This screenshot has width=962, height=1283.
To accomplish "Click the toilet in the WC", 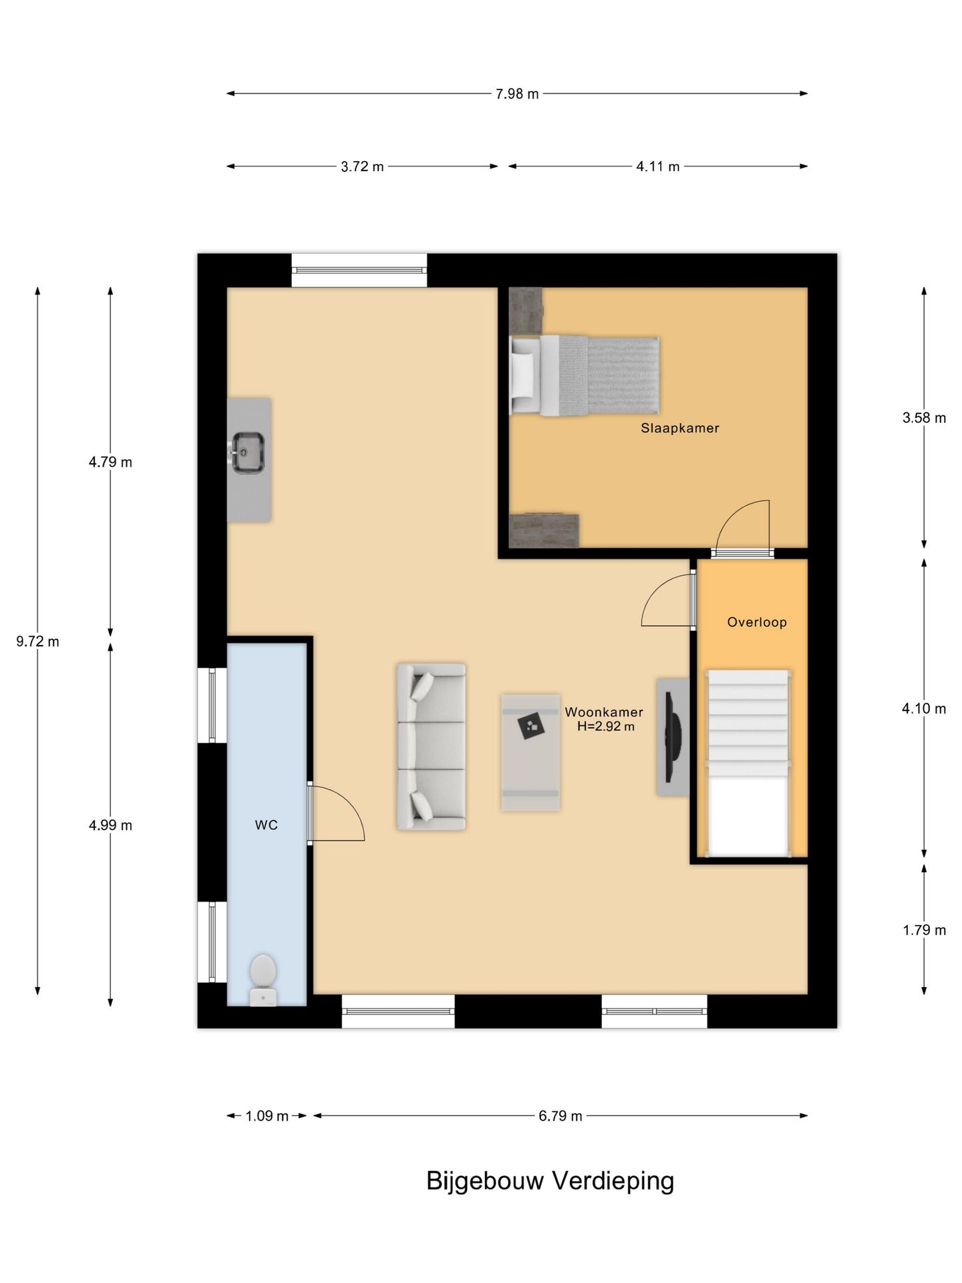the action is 263,980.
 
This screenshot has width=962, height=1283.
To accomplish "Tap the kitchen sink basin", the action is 248,452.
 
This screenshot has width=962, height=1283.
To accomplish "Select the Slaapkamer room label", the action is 679,428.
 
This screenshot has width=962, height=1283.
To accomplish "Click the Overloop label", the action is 757,622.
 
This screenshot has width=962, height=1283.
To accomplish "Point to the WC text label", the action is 266,825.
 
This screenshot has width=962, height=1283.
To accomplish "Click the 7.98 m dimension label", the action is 517,94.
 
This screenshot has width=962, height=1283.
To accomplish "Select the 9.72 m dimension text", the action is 37,641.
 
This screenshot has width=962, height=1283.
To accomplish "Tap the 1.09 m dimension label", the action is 267,1116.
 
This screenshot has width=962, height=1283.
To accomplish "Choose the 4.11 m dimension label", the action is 657,167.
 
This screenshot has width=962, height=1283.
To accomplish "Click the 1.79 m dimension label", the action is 924,930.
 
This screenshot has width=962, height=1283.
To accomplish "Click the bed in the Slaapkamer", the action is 585,376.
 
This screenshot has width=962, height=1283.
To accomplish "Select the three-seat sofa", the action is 431,746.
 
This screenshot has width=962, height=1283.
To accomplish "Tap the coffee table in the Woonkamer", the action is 530,752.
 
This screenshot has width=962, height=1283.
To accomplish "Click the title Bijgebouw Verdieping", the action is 550,1181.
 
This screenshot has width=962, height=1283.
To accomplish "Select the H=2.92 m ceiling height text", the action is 606,726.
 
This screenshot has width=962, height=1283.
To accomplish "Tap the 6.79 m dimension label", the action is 560,1116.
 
